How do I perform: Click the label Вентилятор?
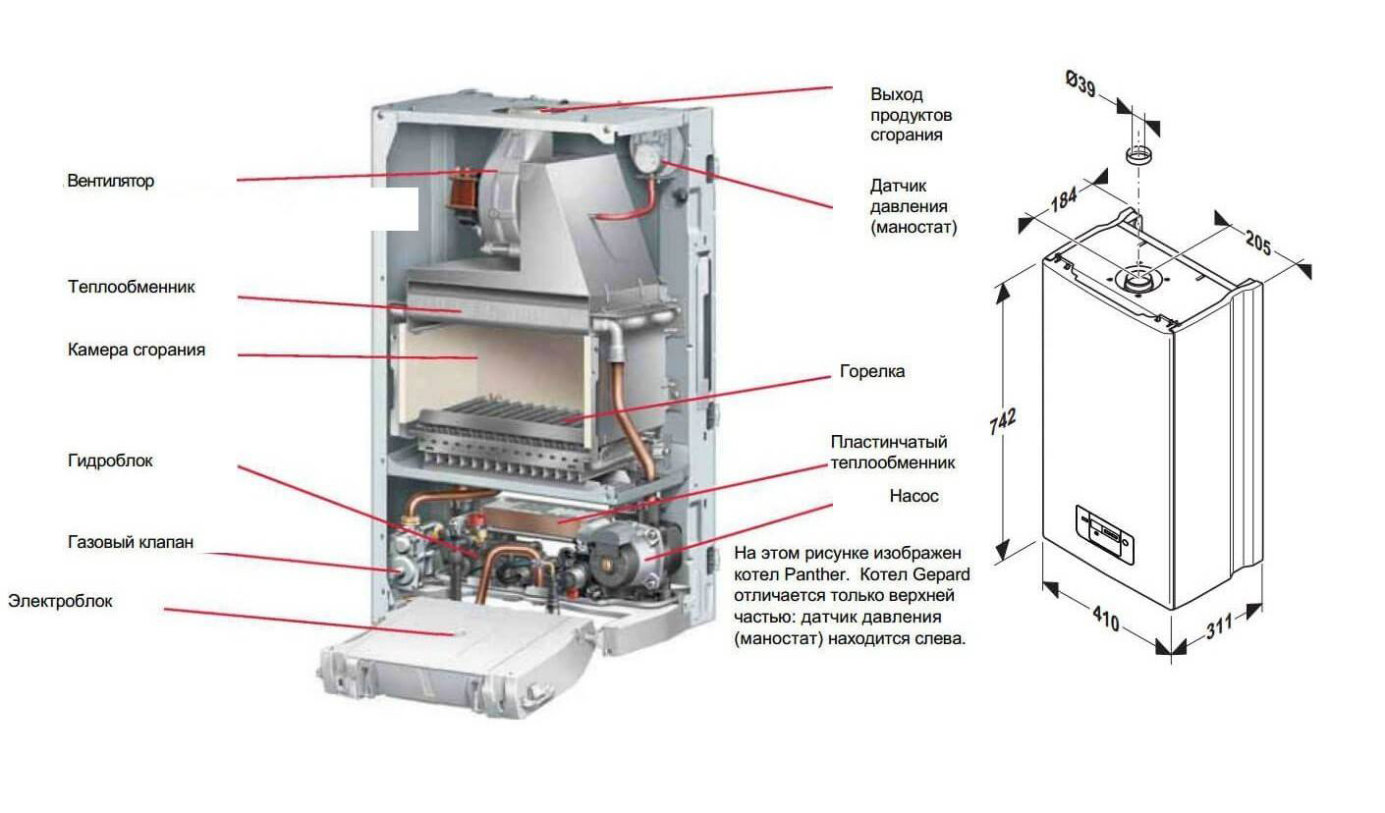click(x=111, y=182)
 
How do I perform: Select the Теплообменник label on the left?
click(x=132, y=288)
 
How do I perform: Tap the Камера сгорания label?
click(x=137, y=350)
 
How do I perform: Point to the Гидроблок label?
click(x=110, y=461)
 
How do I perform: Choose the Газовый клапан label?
click(x=131, y=542)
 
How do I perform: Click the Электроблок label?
click(x=60, y=601)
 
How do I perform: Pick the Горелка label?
click(x=872, y=372)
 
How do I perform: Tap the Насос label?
click(x=914, y=497)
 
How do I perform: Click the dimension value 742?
click(x=1001, y=418)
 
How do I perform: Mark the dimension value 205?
click(x=1263, y=242)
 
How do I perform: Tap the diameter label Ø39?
click(x=1080, y=85)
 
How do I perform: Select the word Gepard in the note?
click(x=942, y=574)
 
